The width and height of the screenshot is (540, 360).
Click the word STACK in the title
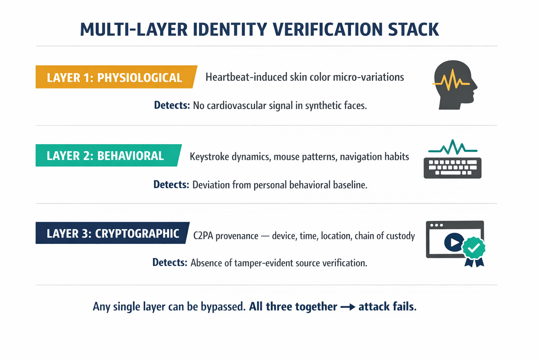pyautogui.click(x=413, y=30)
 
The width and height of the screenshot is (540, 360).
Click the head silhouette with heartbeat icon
pyautogui.click(x=454, y=84)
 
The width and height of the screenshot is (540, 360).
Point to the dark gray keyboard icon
pyautogui.click(x=452, y=168)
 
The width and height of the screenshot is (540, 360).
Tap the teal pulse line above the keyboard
pyautogui.click(x=452, y=147)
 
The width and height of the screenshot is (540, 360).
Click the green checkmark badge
pyautogui.click(x=474, y=248)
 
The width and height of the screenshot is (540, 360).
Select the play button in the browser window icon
pyautogui.click(x=454, y=242)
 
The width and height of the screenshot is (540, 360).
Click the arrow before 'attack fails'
pyautogui.click(x=348, y=307)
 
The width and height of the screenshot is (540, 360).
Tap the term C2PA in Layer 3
pyautogui.click(x=203, y=236)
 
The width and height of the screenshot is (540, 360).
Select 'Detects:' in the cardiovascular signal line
pyautogui.click(x=172, y=105)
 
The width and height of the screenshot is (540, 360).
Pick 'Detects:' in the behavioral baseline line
pyautogui.click(x=171, y=185)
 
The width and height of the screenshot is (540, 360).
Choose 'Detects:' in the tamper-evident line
pyautogui.click(x=170, y=263)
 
